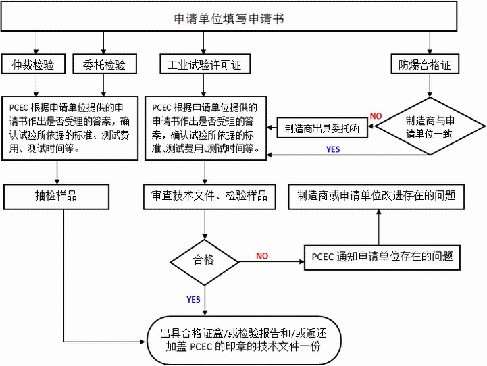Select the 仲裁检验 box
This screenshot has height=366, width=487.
[x=32, y=65]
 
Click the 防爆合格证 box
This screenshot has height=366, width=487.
[x=425, y=65]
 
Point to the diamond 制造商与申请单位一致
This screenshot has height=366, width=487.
[x=430, y=126]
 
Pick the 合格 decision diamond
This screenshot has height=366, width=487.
[x=203, y=258]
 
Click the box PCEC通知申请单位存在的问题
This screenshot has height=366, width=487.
[x=382, y=257]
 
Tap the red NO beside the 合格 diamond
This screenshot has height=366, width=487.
[x=262, y=256]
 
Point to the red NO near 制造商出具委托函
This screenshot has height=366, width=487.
[x=376, y=116]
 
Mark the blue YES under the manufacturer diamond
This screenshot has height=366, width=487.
[x=334, y=148]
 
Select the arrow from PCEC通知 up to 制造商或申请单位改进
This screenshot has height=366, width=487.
[x=378, y=226]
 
